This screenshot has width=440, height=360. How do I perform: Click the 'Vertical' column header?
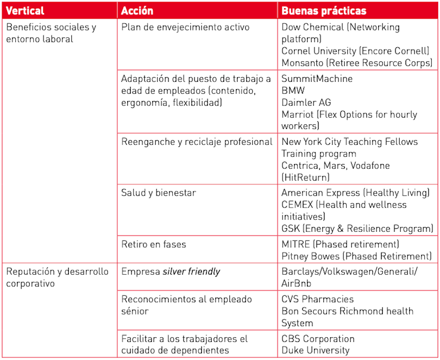25,11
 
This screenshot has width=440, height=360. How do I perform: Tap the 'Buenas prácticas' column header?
324,11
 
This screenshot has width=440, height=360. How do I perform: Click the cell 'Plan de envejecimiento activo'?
185,27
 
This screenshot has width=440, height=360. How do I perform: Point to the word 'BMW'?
293,90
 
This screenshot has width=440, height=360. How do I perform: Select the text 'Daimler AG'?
306,102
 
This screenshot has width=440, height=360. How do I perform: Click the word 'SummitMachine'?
317,78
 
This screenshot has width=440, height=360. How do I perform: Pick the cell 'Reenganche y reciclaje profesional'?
197,142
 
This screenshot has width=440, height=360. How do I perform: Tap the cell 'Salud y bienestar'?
158,193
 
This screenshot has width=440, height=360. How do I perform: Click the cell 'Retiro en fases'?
153,244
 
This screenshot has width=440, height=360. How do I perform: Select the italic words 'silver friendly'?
191,271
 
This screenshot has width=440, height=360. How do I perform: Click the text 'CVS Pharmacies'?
317,299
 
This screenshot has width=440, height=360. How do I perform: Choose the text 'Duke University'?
315,350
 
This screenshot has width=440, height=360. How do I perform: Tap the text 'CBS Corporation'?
318,338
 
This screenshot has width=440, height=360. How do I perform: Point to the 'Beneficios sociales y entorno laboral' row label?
51,33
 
